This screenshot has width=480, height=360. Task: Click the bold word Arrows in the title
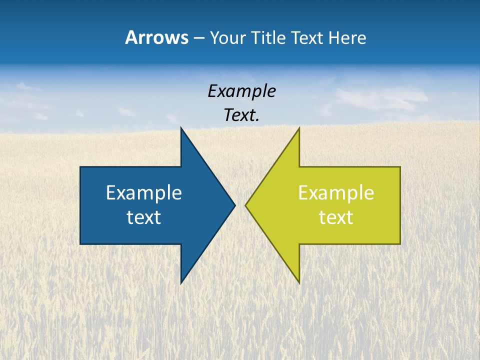tap(156, 37)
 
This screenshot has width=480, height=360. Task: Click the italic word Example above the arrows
tap(241, 91)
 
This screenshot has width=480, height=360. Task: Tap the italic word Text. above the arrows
tap(241, 115)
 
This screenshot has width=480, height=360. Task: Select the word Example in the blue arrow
tap(143, 193)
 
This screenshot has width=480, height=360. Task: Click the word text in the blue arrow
tap(143, 217)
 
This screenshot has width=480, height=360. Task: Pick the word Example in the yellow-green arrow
tap(336, 193)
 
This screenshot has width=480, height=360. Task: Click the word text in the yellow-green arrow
tap(336, 217)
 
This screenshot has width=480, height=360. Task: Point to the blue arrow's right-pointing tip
tap(234, 205)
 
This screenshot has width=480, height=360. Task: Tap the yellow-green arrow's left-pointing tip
tap(246, 205)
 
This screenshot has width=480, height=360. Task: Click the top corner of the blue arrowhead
tap(181, 128)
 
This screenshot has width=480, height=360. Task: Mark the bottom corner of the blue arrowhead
tap(181, 283)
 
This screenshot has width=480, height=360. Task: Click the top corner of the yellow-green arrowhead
tap(299, 128)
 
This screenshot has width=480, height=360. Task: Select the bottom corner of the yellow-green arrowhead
tap(299, 283)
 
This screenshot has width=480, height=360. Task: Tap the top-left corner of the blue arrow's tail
tap(80, 167)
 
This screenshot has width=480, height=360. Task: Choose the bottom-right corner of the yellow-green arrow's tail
tap(400, 243)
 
